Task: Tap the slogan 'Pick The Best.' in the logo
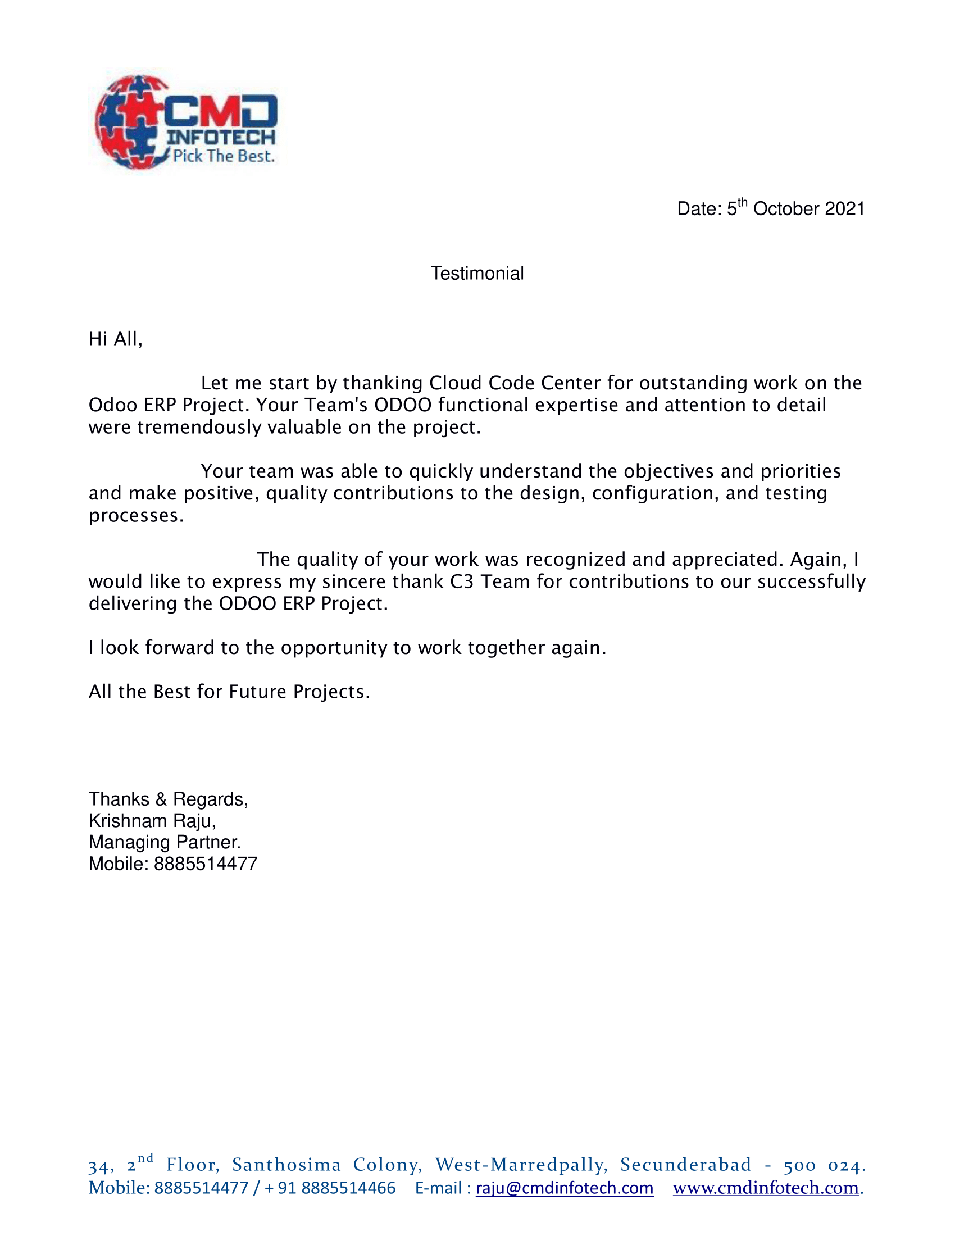tap(224, 156)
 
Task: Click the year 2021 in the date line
tap(845, 209)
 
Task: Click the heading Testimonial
tap(477, 274)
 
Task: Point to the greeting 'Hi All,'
tap(115, 339)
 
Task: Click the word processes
tap(136, 516)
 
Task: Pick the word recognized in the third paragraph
tap(575, 560)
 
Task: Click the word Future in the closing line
tap(257, 692)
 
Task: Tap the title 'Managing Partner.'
tap(165, 842)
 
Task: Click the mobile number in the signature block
tap(206, 864)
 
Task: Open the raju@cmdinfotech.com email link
tap(565, 1188)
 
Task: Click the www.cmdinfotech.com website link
tap(766, 1188)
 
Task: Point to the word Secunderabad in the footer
tap(686, 1165)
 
